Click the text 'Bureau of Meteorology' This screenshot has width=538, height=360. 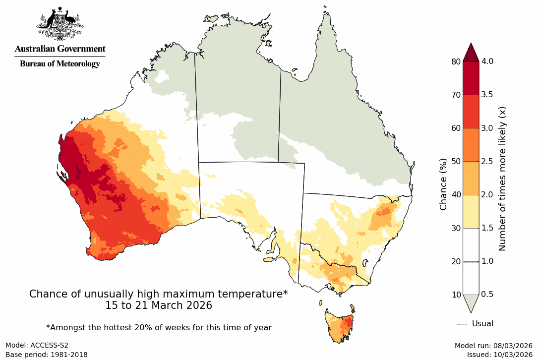point(60,63)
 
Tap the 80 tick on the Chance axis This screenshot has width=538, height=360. point(455,61)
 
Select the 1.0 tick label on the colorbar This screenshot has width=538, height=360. point(488,261)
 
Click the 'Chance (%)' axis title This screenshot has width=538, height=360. point(444,184)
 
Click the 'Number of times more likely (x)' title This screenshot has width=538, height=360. point(502,178)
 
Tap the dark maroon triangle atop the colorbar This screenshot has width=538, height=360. point(471,52)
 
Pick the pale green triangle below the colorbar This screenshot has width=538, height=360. point(471,302)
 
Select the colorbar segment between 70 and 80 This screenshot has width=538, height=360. point(471,78)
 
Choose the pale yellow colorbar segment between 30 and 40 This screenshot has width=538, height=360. point(471,211)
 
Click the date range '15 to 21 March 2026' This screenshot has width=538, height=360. point(159,305)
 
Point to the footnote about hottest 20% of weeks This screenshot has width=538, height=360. point(159,327)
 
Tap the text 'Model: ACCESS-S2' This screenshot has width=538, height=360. point(37,346)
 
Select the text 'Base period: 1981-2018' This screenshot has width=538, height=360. point(47,355)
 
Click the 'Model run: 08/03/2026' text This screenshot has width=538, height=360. point(493,346)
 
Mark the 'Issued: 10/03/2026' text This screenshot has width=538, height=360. point(499,355)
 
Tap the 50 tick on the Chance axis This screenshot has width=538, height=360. point(455,161)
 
